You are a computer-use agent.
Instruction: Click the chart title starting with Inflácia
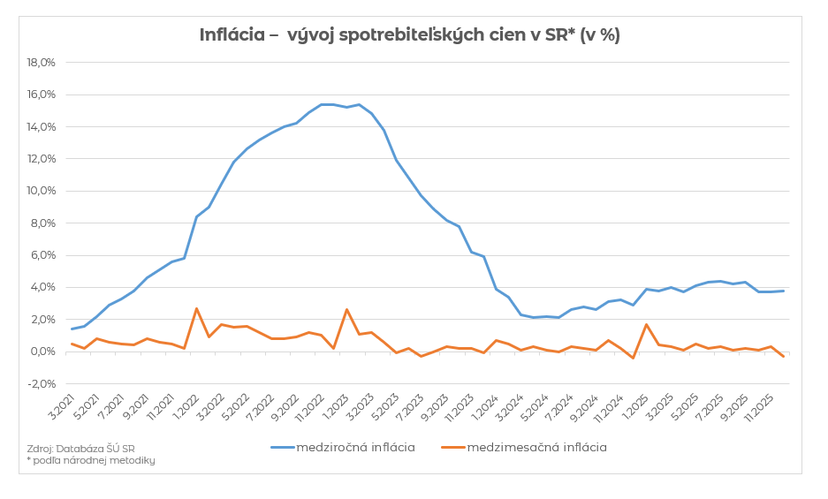point(409,35)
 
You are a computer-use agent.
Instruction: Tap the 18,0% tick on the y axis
point(42,63)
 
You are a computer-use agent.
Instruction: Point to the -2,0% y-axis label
point(41,383)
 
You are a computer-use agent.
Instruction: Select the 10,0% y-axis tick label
point(42,191)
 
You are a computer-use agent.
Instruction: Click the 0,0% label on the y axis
point(42,352)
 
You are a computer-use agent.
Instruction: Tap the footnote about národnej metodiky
point(90,460)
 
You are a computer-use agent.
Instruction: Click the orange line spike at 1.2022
point(196,308)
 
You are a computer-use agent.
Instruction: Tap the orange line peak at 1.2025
point(646,324)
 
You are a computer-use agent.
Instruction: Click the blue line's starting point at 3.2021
point(72,329)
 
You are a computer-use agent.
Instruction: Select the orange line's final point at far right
point(783,357)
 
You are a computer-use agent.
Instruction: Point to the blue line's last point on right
point(783,291)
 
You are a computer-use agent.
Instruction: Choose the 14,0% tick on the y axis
point(42,127)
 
